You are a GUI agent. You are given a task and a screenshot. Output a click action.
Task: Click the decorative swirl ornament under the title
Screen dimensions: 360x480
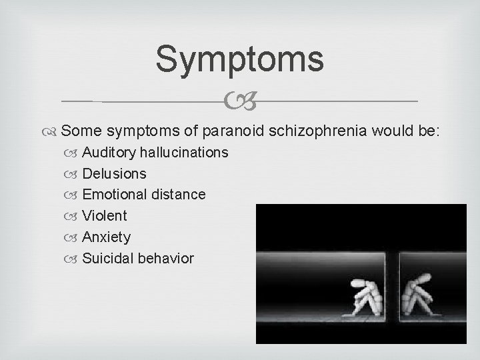[x=239, y=101]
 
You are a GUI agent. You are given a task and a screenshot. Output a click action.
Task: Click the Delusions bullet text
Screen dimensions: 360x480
[x=114, y=173]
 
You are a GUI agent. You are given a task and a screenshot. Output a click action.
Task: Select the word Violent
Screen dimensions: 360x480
[x=105, y=216]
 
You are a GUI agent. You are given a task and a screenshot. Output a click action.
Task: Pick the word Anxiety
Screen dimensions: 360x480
[x=107, y=237]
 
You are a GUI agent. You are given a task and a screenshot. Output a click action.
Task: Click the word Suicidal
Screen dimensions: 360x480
[x=109, y=258]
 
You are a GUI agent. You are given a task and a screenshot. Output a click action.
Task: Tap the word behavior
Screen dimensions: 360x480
[x=167, y=258]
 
